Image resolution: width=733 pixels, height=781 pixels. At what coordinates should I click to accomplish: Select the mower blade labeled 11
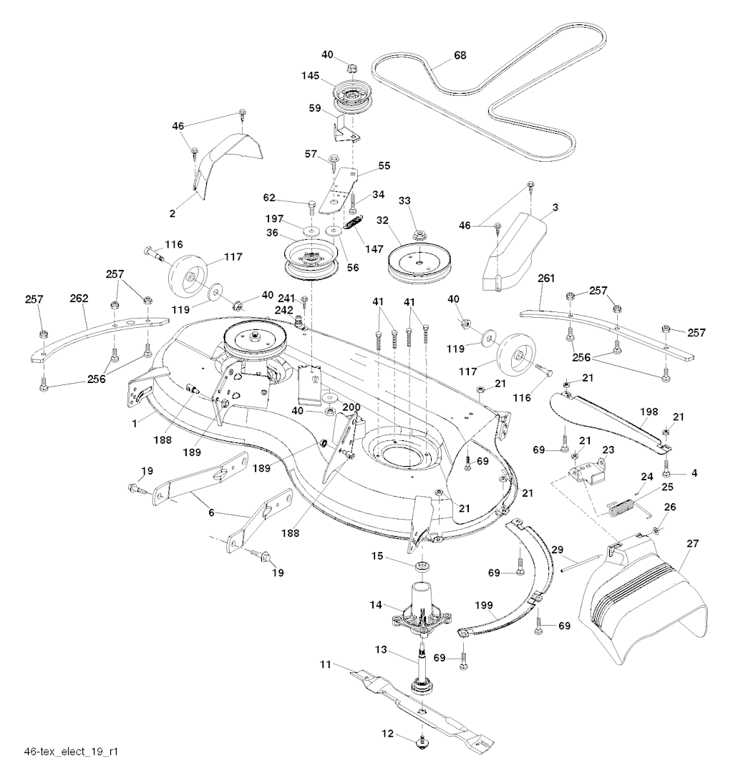tap(422, 709)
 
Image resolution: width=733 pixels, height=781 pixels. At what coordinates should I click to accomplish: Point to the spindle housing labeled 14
tap(422, 606)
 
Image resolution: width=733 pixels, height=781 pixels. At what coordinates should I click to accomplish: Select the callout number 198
tap(649, 412)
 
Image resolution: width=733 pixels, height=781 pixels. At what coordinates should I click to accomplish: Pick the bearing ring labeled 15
tap(422, 567)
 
